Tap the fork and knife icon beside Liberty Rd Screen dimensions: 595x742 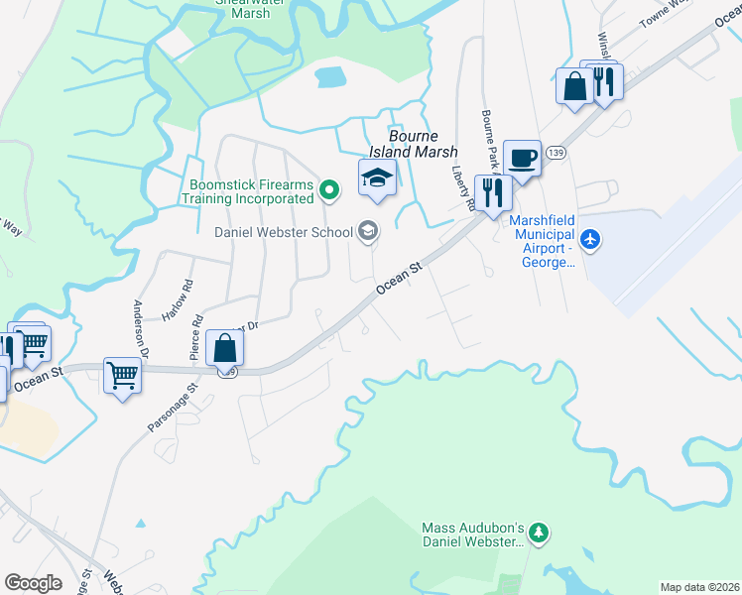(493, 192)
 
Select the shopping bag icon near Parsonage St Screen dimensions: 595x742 (225, 349)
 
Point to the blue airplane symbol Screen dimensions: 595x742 (591, 238)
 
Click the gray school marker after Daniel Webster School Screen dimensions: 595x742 (368, 232)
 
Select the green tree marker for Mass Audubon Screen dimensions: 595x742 (539, 534)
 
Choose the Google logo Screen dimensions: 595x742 (33, 583)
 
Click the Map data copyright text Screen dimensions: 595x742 (700, 587)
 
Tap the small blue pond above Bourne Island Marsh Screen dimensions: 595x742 (329, 75)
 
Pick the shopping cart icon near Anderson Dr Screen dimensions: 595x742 (122, 377)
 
